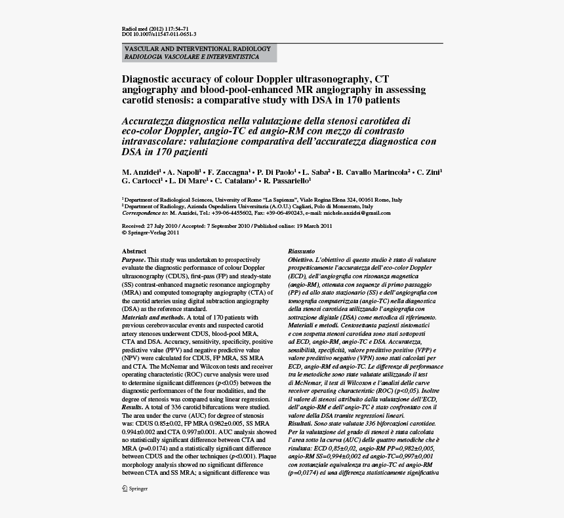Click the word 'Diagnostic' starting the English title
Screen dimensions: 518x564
pos(146,79)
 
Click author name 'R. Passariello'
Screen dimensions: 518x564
pos(286,181)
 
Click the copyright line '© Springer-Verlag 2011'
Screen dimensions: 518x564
pos(151,232)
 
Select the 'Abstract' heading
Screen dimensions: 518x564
pos(134,251)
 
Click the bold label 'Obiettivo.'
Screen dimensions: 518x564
pos(303,260)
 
